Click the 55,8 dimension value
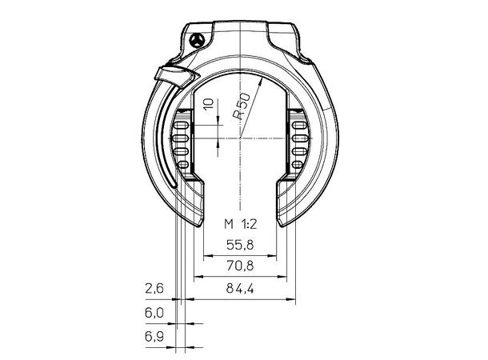pyautogui.click(x=240, y=245)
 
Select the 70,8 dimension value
pyautogui.click(x=240, y=266)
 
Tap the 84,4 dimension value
pyautogui.click(x=240, y=289)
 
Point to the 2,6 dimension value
pyautogui.click(x=154, y=289)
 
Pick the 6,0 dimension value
pyautogui.click(x=154, y=312)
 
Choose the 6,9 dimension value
pyautogui.click(x=154, y=336)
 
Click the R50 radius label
pyautogui.click(x=242, y=106)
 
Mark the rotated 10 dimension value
pyautogui.click(x=208, y=104)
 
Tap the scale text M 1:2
pyautogui.click(x=241, y=224)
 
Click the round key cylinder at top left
pyautogui.click(x=197, y=41)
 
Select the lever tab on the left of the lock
pyautogui.click(x=176, y=76)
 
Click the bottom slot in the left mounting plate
pyautogui.click(x=182, y=164)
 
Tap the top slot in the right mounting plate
pyautogui.click(x=298, y=126)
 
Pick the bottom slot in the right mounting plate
pyautogui.click(x=298, y=164)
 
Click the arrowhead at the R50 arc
pyautogui.click(x=261, y=82)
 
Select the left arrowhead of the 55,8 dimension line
pyautogui.click(x=207, y=256)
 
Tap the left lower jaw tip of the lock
pyautogui.click(x=199, y=225)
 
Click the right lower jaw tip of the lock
pyautogui.click(x=282, y=225)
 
